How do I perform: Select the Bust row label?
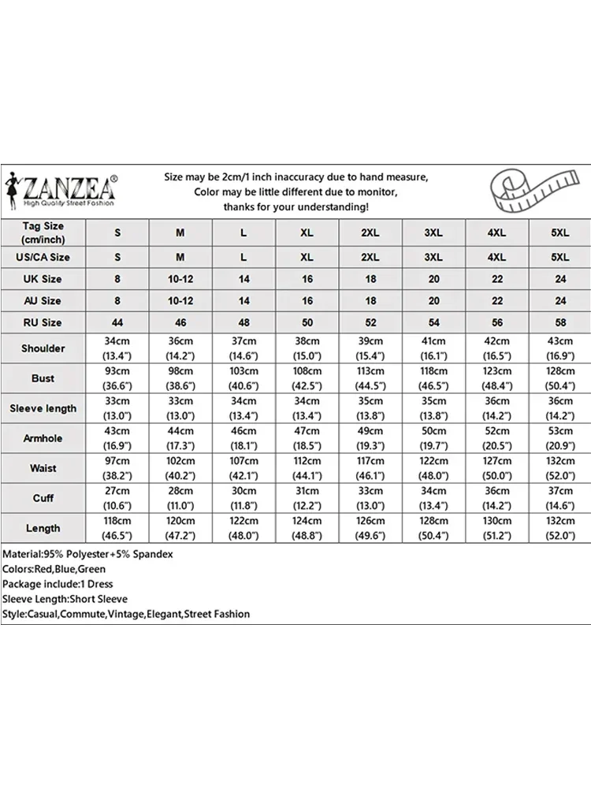[43, 378]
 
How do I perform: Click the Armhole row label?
[43, 438]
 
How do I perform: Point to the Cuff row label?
[43, 498]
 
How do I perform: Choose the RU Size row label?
[43, 322]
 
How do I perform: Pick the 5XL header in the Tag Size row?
[560, 232]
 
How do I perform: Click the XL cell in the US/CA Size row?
[307, 257]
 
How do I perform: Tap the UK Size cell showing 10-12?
[180, 279]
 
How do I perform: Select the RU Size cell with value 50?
[307, 322]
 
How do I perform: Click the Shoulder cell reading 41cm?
[433, 348]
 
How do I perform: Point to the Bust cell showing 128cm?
[560, 378]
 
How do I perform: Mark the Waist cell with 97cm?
[117, 468]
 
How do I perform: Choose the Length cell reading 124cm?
[307, 528]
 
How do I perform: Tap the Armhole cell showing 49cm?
[370, 438]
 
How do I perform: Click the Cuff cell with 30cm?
[243, 498]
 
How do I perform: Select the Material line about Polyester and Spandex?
[87, 554]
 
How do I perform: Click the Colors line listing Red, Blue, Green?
[54, 569]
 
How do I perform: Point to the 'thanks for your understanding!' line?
[295, 206]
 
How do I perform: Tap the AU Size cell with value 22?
[496, 300]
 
